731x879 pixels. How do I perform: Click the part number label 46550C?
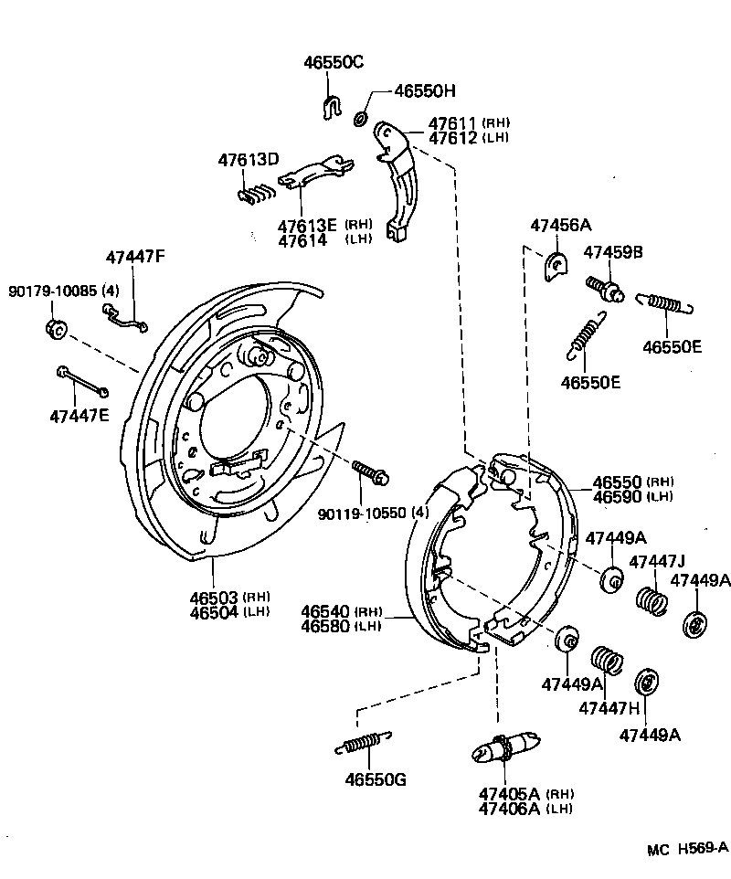[x=334, y=62]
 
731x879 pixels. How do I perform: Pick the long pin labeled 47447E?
[x=83, y=381]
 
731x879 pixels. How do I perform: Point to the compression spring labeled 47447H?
[x=607, y=661]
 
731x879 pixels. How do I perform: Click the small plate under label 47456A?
[x=555, y=266]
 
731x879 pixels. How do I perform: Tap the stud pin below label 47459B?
[x=605, y=286]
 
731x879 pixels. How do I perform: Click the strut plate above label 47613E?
[x=315, y=174]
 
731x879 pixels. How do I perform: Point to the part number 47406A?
[x=508, y=808]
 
